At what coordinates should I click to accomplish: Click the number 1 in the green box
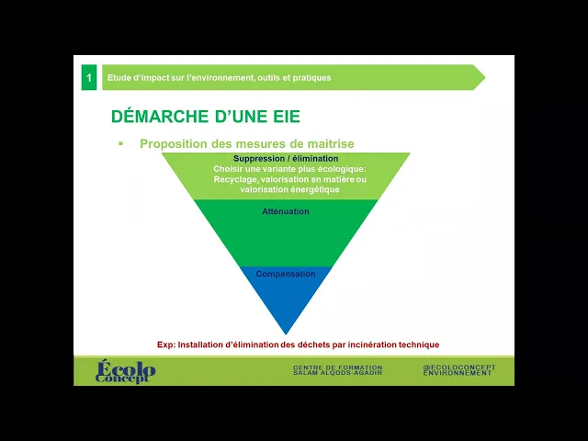click(x=88, y=78)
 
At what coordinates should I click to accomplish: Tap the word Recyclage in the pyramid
click(x=236, y=180)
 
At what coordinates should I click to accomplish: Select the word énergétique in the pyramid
click(x=317, y=190)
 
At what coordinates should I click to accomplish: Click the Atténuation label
click(x=286, y=211)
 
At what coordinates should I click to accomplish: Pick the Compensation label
click(x=286, y=274)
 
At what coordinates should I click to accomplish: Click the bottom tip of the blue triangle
click(x=286, y=332)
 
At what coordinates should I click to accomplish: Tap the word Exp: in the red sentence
click(x=165, y=345)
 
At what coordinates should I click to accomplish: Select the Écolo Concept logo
click(x=126, y=371)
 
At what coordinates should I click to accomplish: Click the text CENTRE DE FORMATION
click(x=337, y=367)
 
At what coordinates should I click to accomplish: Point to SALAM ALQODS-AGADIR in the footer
click(x=337, y=374)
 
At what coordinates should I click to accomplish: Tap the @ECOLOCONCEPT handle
click(x=459, y=367)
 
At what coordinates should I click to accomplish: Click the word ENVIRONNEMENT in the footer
click(x=458, y=374)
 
